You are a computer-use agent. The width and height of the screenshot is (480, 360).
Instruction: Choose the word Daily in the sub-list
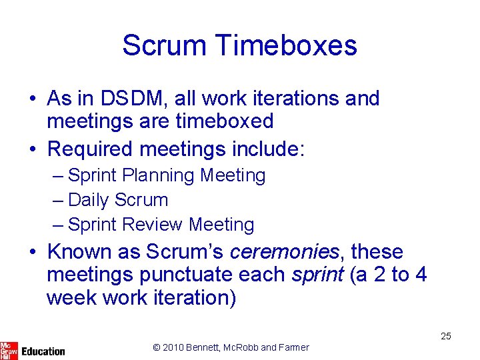click(89, 200)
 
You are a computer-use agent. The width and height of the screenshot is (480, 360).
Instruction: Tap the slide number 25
click(445, 336)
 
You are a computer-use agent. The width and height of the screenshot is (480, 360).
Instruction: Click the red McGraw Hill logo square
click(9, 351)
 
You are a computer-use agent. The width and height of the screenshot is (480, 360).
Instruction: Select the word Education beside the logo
click(43, 351)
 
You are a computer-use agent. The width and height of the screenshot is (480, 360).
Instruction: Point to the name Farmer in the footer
click(294, 347)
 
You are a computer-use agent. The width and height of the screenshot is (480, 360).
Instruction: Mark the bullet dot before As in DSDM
click(33, 99)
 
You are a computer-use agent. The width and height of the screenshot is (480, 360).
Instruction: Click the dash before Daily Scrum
click(58, 200)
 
